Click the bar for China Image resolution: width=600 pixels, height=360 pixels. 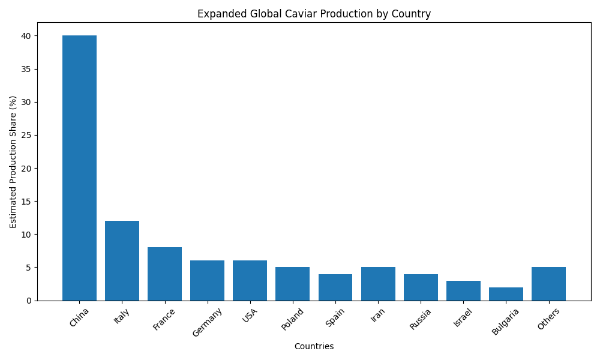click(x=79, y=168)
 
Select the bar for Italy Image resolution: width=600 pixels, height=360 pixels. click(x=122, y=260)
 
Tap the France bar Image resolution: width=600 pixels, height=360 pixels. click(x=164, y=274)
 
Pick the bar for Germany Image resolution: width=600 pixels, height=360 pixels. click(x=207, y=280)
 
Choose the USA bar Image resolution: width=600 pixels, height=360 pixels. click(x=250, y=280)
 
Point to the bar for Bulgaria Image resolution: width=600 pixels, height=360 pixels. click(x=506, y=294)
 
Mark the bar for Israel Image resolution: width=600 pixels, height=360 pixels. click(x=463, y=290)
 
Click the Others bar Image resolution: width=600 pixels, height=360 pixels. click(x=548, y=284)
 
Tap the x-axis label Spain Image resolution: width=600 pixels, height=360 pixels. click(x=335, y=317)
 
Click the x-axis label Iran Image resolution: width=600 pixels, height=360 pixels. click(x=378, y=315)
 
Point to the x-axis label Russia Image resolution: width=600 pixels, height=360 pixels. click(x=421, y=319)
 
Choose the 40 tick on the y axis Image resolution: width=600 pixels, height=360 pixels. click(x=27, y=36)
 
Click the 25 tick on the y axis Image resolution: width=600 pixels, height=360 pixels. click(x=27, y=135)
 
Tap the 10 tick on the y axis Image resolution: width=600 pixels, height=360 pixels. click(x=27, y=234)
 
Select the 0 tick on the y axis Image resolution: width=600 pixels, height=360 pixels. click(x=29, y=301)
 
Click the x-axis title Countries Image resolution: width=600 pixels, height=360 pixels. click(x=314, y=346)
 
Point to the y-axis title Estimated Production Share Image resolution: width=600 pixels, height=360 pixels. click(x=13, y=161)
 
